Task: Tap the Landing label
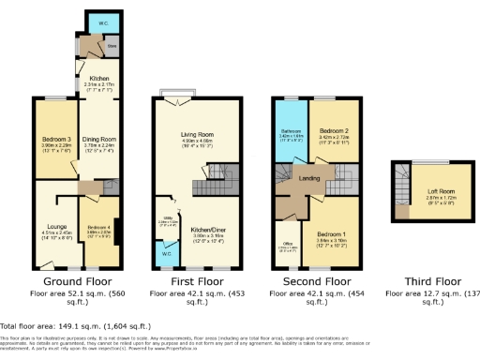tap(309, 177)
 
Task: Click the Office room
tap(288, 247)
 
